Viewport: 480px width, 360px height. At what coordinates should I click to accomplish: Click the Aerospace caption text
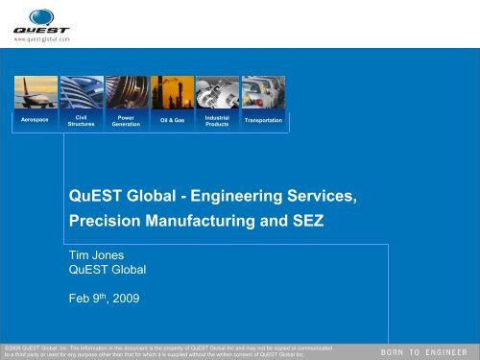click(x=37, y=121)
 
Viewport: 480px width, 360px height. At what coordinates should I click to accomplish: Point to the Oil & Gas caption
click(x=172, y=121)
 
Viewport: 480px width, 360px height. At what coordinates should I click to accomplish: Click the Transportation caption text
click(x=263, y=121)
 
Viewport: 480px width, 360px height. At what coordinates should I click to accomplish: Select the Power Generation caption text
click(x=126, y=121)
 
